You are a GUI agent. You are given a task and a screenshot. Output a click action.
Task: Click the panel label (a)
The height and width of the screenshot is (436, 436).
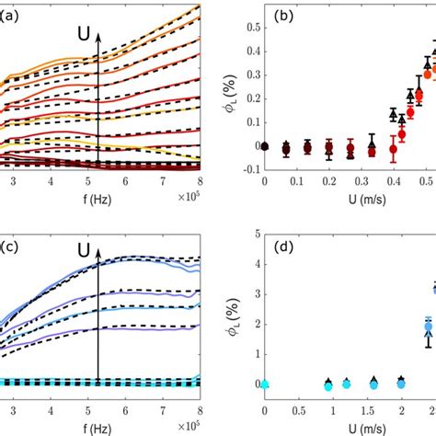coord(9,16)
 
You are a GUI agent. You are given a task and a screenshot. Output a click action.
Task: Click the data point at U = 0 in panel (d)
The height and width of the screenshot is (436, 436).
coord(265,384)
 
